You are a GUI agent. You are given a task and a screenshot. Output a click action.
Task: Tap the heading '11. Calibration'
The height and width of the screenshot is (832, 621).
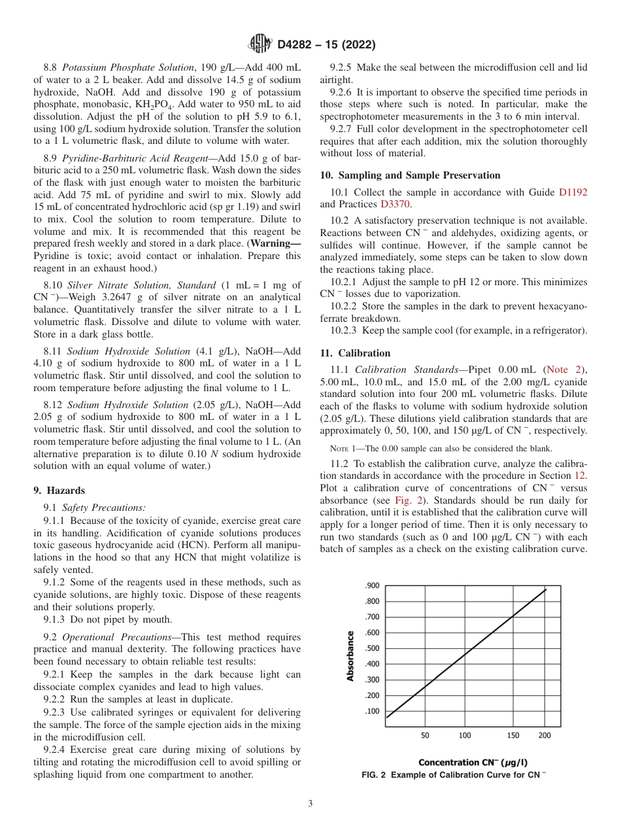pos(355,353)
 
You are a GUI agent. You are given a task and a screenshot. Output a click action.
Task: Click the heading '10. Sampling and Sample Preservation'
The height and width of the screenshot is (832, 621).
pos(410,175)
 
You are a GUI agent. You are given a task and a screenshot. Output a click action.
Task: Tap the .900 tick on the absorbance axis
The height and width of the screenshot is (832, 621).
pos(371,586)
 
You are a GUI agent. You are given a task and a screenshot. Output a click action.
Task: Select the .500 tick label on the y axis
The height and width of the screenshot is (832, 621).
pos(371,648)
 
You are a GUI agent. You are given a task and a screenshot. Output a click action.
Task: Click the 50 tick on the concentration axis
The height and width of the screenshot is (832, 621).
pos(425,735)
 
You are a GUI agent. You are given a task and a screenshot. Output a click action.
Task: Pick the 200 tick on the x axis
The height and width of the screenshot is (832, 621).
pos(544,735)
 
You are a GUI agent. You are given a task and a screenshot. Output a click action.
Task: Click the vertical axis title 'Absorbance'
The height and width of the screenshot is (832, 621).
pos(351,656)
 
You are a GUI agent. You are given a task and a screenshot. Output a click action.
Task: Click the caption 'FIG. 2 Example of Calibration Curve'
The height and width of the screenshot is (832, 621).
pos(454,774)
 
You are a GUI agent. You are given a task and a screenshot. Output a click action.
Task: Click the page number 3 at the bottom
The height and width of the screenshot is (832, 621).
pos(310,804)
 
